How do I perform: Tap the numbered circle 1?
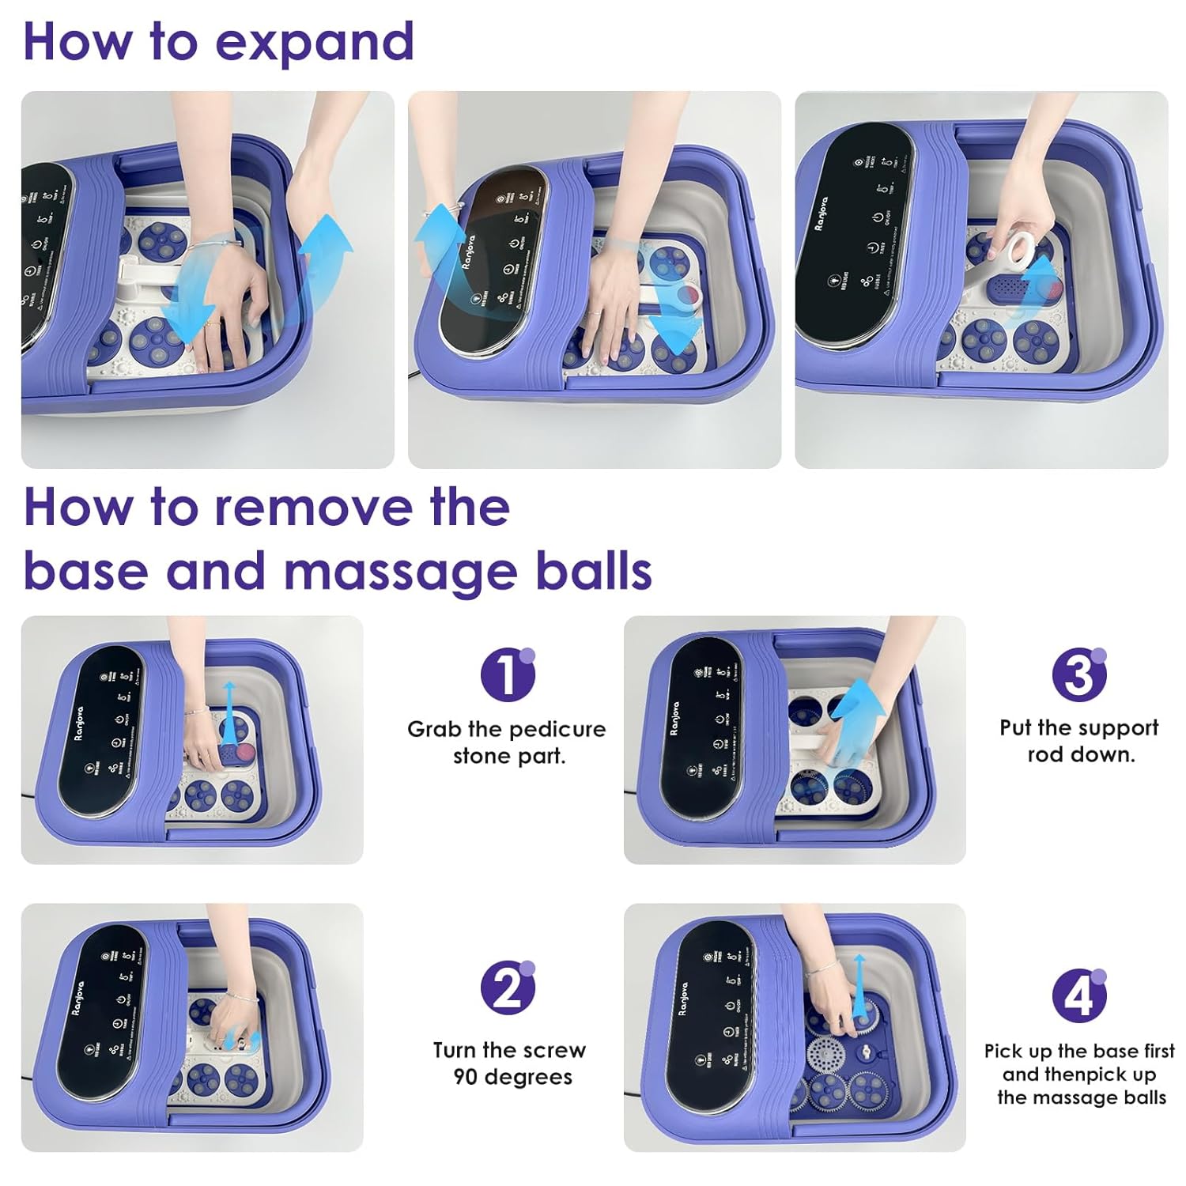507,674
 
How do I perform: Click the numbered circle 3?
1078,674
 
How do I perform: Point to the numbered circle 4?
1078,995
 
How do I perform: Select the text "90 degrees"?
512,1077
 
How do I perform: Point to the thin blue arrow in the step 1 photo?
229,708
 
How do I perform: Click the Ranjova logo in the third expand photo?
822,213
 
